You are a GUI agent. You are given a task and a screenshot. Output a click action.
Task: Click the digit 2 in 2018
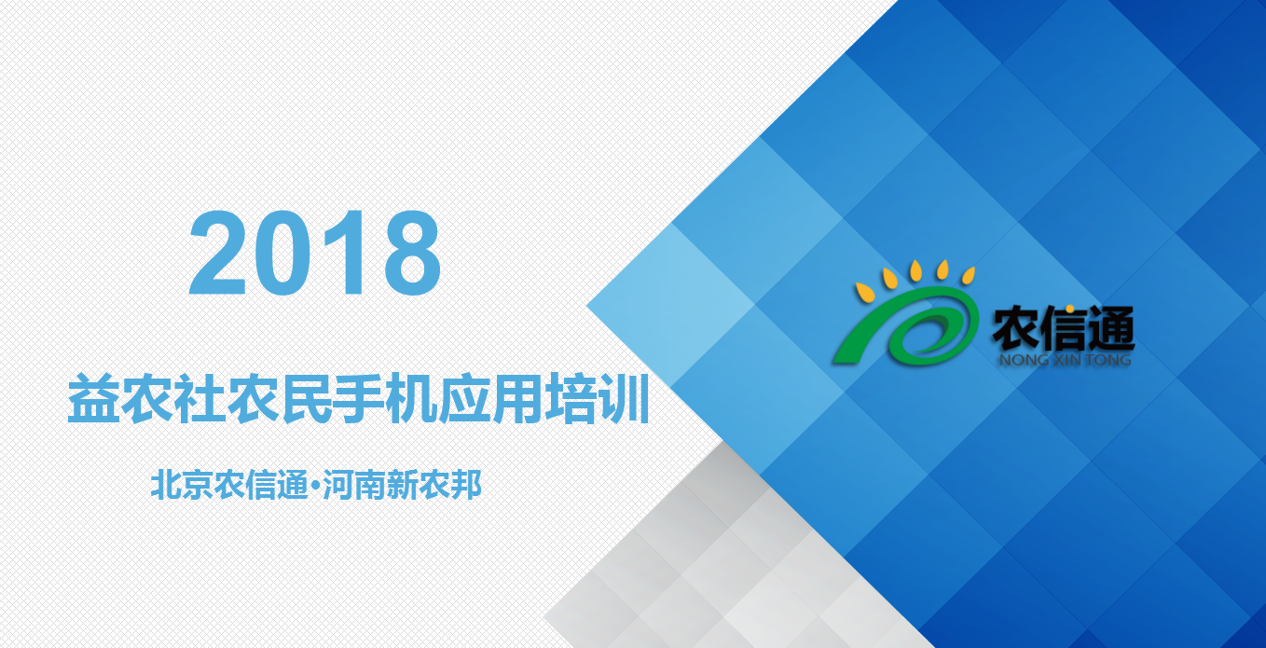pos(217,253)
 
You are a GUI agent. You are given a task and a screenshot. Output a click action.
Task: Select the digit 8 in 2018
pos(412,253)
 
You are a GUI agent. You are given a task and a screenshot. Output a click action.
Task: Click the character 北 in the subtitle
pos(166,485)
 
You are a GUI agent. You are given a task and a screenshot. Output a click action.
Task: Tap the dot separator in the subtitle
pos(315,485)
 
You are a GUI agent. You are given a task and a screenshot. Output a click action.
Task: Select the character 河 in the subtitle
pos(338,485)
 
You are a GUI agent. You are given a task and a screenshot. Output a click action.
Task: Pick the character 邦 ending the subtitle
pos(466,485)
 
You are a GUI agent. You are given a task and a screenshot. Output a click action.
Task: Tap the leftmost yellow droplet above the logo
pos(865,293)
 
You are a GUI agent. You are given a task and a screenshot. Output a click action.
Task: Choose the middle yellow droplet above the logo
pos(915,270)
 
